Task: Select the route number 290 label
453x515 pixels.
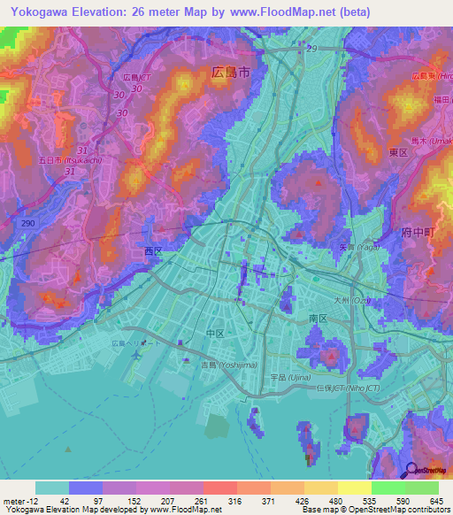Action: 28,224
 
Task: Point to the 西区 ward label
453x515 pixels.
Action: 153,251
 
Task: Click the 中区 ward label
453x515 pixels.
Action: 215,334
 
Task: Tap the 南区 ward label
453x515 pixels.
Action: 319,318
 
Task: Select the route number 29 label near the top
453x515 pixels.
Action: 311,47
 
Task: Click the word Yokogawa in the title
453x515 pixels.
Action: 35,12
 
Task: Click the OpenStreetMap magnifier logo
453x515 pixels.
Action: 412,469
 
